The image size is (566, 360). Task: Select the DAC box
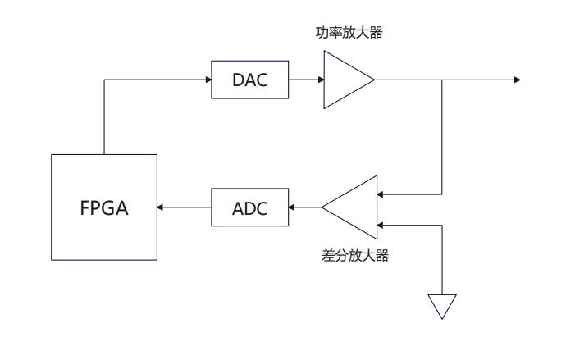[250, 80]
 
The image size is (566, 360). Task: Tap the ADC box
[250, 207]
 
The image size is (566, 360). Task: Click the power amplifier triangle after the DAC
[345, 80]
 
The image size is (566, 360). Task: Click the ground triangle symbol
[441, 305]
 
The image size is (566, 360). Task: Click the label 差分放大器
[355, 255]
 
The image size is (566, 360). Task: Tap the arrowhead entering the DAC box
[208, 80]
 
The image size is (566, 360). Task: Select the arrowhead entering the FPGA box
[162, 207]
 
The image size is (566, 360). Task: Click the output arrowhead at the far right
[517, 80]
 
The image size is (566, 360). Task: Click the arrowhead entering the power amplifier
[320, 80]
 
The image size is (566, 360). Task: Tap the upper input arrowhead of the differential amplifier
[381, 194]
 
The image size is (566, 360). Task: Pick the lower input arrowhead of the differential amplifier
[381, 223]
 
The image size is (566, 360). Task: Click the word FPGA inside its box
[104, 207]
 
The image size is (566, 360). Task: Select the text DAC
[250, 80]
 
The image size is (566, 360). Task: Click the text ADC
[250, 207]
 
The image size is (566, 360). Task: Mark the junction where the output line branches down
[443, 80]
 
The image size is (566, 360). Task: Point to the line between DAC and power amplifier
[304, 80]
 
